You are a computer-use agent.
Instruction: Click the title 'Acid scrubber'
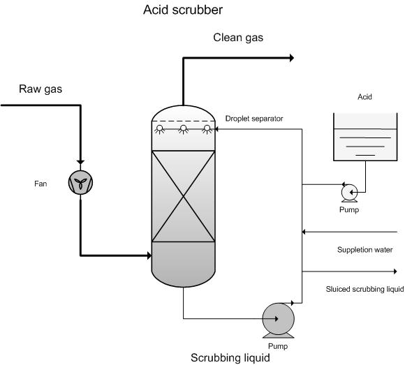pos(183,10)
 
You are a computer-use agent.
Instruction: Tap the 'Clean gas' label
pos(238,37)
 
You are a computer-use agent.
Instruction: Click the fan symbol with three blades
pos(81,184)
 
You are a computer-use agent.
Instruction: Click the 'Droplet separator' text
pos(254,119)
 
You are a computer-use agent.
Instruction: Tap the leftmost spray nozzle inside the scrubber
pos(160,128)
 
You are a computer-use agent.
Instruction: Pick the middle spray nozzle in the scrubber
pos(183,128)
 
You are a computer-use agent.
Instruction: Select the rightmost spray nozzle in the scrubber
pos(206,128)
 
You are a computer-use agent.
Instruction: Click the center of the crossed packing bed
pos(183,197)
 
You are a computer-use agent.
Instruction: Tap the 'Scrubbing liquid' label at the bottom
pos(230,358)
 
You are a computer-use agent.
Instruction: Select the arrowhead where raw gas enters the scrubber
pos(148,255)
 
